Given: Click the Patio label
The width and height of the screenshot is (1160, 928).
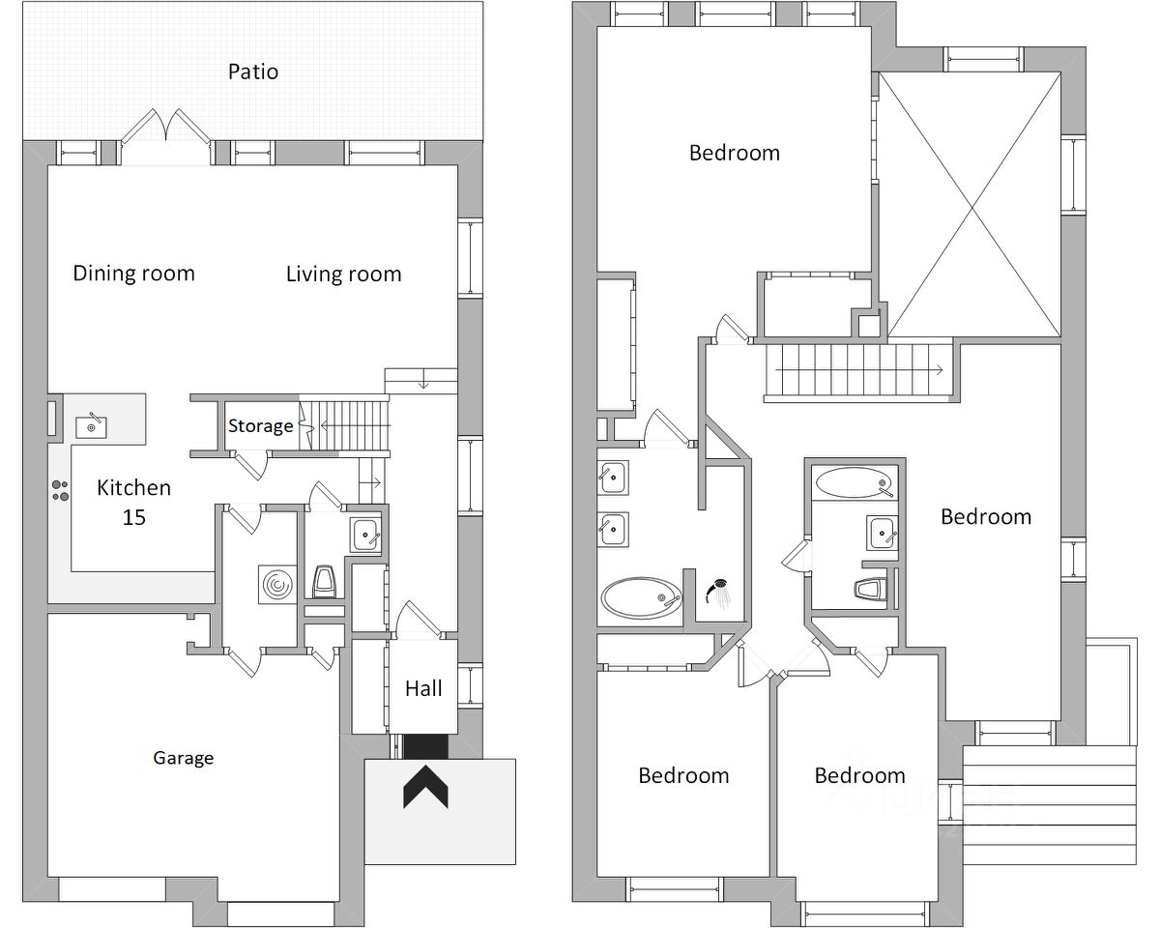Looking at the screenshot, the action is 253,72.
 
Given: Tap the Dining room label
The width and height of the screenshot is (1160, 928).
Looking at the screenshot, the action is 133,274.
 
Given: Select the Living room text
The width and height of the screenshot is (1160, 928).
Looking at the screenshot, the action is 343,275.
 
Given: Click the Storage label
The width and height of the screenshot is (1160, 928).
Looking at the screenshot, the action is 261,426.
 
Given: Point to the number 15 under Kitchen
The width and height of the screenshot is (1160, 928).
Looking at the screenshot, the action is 133,518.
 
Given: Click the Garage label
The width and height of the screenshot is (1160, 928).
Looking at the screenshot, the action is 184,758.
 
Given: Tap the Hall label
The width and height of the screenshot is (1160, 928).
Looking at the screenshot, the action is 423,688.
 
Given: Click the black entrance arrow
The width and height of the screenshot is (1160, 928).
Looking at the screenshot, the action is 425,787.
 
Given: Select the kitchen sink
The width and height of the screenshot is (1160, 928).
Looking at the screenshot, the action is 91,427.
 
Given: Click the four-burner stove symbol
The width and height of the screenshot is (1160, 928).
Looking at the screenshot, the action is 60,490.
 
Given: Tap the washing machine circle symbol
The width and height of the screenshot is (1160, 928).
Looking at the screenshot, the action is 277,585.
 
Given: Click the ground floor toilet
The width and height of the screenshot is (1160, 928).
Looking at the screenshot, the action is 325,581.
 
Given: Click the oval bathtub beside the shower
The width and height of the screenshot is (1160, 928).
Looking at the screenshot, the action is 642,598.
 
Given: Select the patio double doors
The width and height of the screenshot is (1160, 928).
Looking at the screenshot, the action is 165,136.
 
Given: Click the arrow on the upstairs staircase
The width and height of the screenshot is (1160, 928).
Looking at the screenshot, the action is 858,370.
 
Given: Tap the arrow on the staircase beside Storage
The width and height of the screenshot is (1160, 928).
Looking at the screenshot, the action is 355,426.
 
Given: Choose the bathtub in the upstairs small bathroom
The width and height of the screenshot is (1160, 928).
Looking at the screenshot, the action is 854,482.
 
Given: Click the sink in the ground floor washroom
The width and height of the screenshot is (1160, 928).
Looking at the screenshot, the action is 365,535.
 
